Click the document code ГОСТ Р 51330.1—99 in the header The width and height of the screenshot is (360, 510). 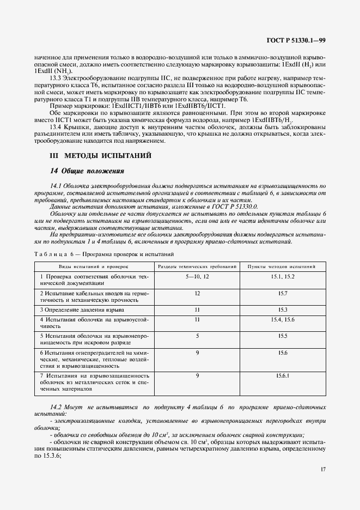point(297,40)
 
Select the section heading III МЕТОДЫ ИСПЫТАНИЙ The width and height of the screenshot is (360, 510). point(101,156)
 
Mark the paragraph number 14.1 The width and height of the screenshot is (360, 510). point(56,186)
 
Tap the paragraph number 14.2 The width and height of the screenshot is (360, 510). point(56,407)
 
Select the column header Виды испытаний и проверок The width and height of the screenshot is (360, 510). point(94,266)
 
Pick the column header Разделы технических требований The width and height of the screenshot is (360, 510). point(197,266)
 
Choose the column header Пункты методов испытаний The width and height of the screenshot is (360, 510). point(282,266)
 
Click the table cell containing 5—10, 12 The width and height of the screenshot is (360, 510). point(197,277)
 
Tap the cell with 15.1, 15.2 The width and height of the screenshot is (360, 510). point(282,277)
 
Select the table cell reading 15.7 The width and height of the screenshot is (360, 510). point(282,294)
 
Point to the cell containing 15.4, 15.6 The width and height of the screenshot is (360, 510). point(282,319)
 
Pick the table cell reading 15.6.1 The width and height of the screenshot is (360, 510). point(282,376)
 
